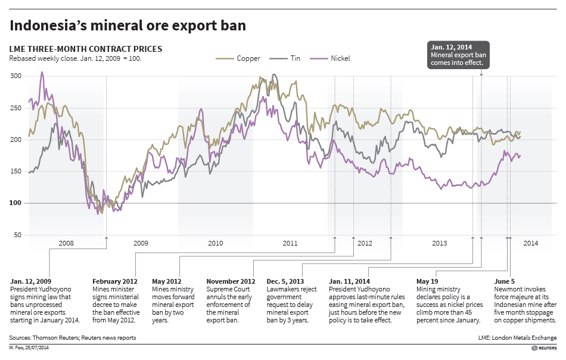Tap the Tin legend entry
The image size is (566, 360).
point(287,58)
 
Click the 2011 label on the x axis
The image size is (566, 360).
point(290,244)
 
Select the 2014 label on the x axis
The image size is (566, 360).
point(530,244)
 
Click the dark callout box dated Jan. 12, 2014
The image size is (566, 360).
point(458,55)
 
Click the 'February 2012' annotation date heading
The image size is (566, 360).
point(115,281)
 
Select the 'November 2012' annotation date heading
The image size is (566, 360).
point(231,281)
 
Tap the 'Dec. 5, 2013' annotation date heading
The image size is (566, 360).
point(285,281)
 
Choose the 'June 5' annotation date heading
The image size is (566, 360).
point(506,281)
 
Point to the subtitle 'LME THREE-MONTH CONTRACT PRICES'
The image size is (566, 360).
point(86,49)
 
